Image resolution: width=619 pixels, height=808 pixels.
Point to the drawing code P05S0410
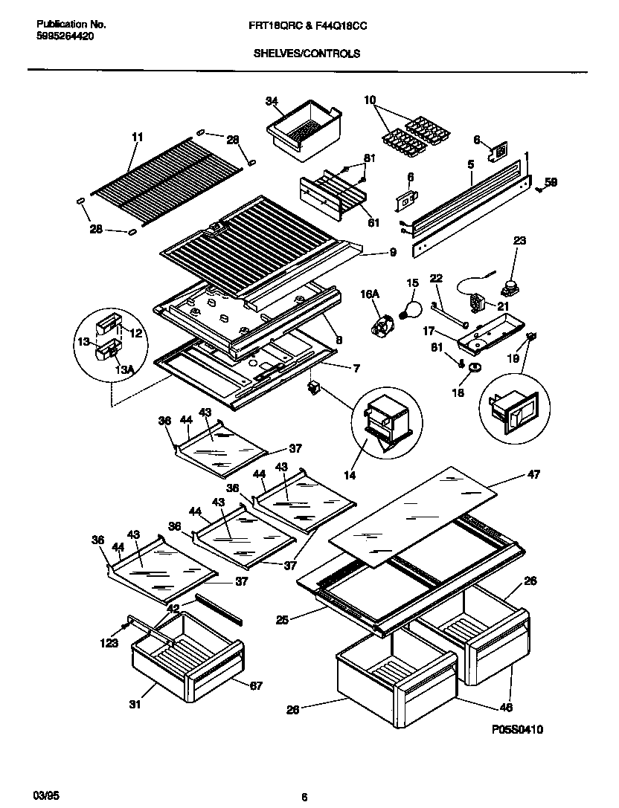516,730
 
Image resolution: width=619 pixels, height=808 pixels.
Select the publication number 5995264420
65,36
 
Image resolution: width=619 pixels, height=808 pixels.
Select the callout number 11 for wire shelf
137,138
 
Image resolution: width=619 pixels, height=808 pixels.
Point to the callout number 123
110,643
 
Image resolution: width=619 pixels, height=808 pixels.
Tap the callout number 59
551,182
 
